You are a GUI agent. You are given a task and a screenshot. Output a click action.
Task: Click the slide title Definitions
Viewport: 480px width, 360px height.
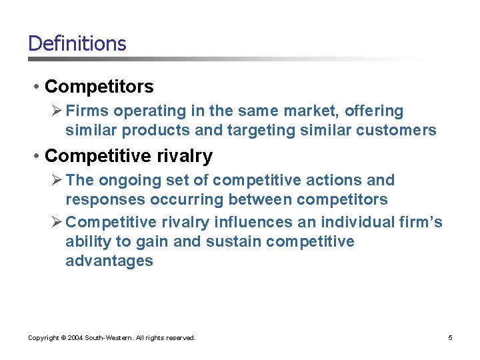point(77,44)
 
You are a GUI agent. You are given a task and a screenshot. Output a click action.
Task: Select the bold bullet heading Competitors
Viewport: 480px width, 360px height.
point(99,87)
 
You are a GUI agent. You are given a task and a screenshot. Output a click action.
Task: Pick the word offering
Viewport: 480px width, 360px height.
point(373,111)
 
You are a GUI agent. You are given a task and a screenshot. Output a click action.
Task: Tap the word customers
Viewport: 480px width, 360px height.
point(399,130)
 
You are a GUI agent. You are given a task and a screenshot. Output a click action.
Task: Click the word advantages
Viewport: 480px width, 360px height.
point(109,261)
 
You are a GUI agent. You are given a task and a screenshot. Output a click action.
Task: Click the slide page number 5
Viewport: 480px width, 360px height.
point(450,338)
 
